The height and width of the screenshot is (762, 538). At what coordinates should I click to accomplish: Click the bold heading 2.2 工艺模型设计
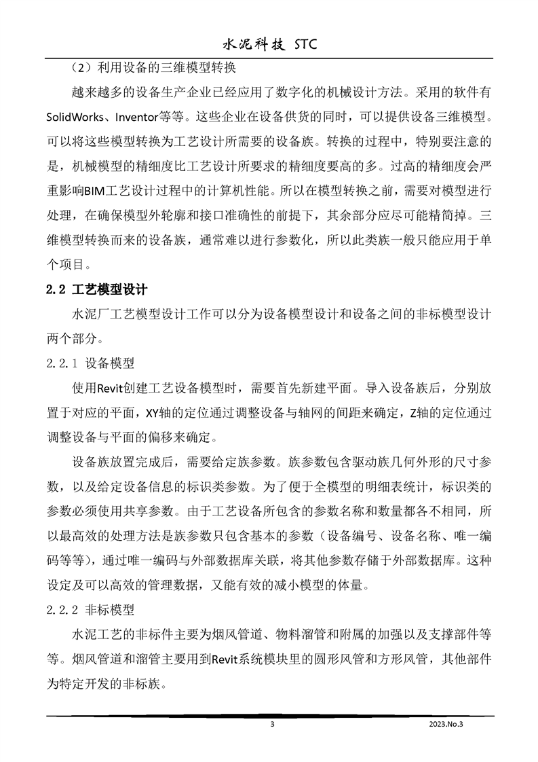pyautogui.click(x=96, y=289)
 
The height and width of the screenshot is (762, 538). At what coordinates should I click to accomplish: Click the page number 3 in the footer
pyautogui.click(x=272, y=724)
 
